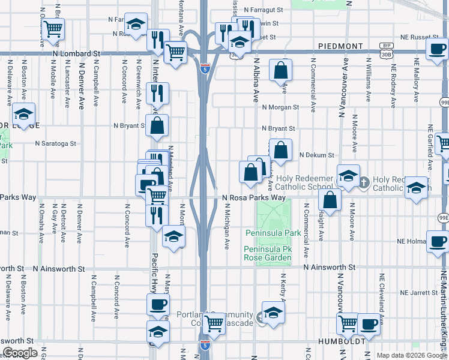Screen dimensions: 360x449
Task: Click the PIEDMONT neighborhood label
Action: coord(340,46)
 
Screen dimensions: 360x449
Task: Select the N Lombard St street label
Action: coord(76,53)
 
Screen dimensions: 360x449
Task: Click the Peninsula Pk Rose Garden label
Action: coord(267,253)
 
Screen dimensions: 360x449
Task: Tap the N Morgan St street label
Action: coord(280,107)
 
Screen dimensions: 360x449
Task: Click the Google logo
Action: coord(20,353)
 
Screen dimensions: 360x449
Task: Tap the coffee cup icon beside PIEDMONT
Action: coord(437,49)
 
